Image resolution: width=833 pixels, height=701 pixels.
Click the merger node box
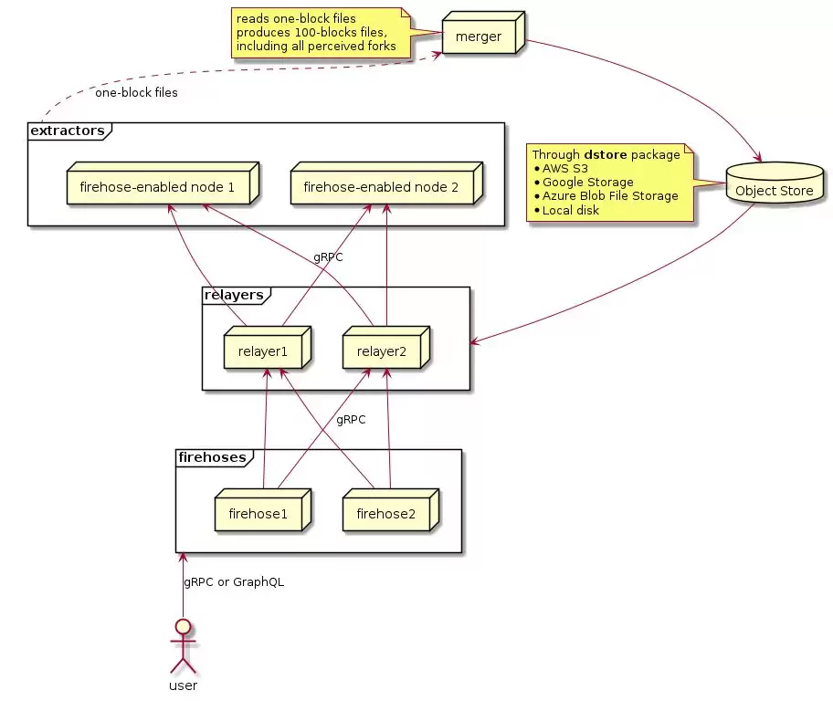pyautogui.click(x=479, y=37)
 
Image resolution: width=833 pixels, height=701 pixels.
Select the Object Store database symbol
pyautogui.click(x=774, y=188)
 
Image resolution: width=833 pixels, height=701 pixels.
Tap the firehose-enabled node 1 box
pyautogui.click(x=157, y=188)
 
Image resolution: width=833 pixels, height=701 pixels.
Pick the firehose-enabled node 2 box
pyautogui.click(x=381, y=188)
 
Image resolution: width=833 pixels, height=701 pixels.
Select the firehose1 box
pyautogui.click(x=258, y=513)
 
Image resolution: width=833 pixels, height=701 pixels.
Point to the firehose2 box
pyautogui.click(x=385, y=513)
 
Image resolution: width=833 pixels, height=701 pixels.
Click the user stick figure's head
pyautogui.click(x=184, y=627)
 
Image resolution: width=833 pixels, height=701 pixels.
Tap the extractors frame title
pyautogui.click(x=67, y=131)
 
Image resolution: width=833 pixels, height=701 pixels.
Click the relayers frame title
pyautogui.click(x=234, y=295)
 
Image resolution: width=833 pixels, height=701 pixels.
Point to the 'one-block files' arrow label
pyautogui.click(x=136, y=93)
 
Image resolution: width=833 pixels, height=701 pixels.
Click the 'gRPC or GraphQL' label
pyautogui.click(x=234, y=582)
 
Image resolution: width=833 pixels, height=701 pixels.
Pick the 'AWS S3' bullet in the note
pyautogui.click(x=564, y=169)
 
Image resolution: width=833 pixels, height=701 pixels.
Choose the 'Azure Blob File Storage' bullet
pyautogui.click(x=610, y=196)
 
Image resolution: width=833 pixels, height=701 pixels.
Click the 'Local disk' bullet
pyautogui.click(x=571, y=210)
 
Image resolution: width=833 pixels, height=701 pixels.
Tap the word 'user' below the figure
pyautogui.click(x=184, y=685)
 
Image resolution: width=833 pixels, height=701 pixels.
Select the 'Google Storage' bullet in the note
pyautogui.click(x=587, y=183)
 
